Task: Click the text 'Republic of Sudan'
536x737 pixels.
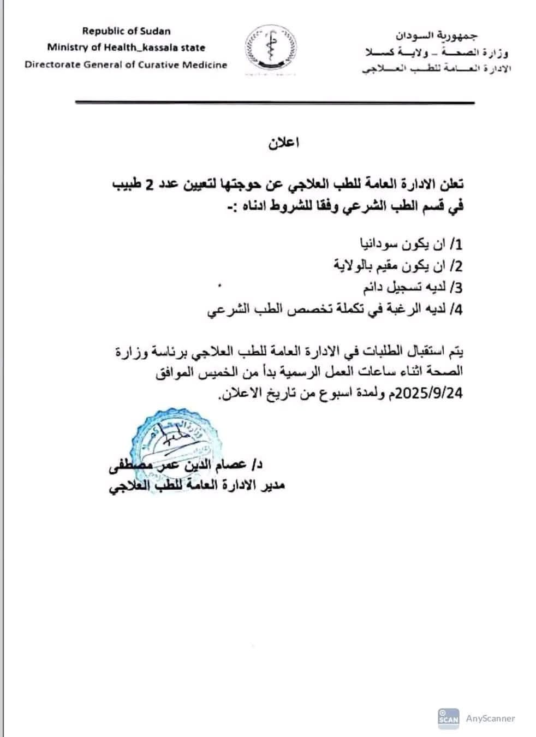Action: pyautogui.click(x=126, y=31)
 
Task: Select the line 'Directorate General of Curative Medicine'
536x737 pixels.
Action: pyautogui.click(x=126, y=64)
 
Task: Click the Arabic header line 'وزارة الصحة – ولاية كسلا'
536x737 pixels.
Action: pyautogui.click(x=437, y=52)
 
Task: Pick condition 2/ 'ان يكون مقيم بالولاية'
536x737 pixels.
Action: pyautogui.click(x=398, y=266)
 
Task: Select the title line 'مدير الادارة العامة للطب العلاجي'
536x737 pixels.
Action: pyautogui.click(x=197, y=486)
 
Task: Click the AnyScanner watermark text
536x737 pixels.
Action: pyautogui.click(x=490, y=718)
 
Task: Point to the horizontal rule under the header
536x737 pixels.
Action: pyautogui.click(x=275, y=103)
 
